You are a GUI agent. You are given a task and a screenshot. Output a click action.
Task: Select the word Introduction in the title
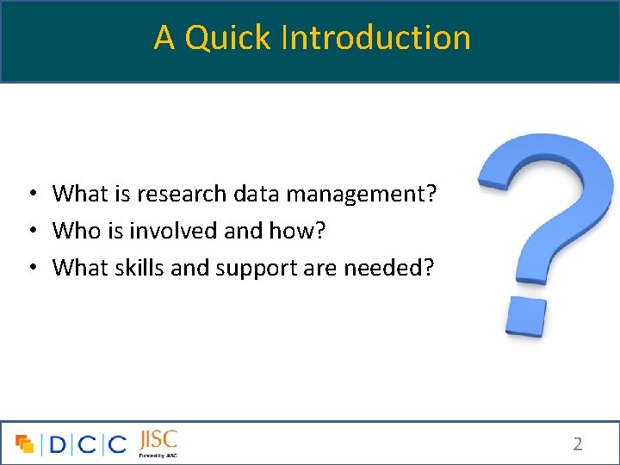pyautogui.click(x=376, y=38)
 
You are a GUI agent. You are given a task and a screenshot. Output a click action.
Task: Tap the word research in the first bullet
pyautogui.click(x=179, y=194)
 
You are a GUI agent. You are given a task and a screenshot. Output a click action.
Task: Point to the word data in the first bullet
pyautogui.click(x=257, y=194)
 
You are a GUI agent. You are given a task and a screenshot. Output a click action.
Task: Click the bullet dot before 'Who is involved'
pyautogui.click(x=30, y=232)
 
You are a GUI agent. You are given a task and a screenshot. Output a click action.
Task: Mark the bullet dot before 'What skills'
pyautogui.click(x=30, y=269)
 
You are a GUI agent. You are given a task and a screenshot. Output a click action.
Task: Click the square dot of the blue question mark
pyautogui.click(x=525, y=316)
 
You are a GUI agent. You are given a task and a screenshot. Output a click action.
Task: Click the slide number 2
pyautogui.click(x=578, y=444)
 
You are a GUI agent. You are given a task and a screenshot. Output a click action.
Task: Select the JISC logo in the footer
pyautogui.click(x=158, y=442)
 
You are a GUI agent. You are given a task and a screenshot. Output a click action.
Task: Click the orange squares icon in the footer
pyautogui.click(x=25, y=444)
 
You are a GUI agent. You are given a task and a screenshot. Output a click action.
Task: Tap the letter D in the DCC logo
pyautogui.click(x=58, y=444)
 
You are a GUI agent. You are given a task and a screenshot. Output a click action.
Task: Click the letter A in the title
pyautogui.click(x=164, y=38)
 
